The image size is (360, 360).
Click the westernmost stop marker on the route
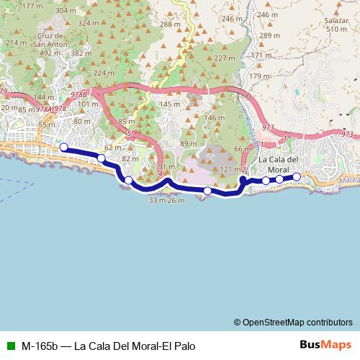63,148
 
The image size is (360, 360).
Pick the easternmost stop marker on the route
296,176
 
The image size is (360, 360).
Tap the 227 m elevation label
225,58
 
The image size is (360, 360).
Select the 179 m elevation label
258,76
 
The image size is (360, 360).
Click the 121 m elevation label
229,168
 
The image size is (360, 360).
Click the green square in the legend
9,345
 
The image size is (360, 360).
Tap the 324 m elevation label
89,23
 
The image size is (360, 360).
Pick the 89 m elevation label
189,144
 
